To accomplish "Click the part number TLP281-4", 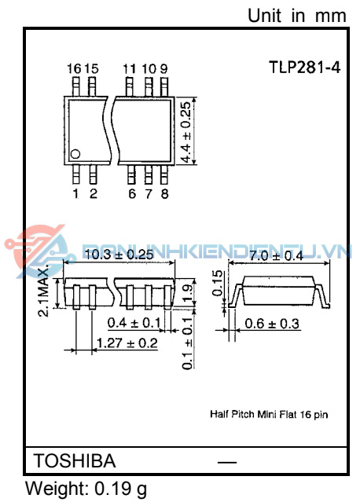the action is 305,68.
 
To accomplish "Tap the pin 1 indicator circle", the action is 75,154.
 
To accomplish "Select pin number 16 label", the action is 74,68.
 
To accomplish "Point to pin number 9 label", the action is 163,68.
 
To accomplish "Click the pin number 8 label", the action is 164,194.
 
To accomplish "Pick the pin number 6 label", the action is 131,194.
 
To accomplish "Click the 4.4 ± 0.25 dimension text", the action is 186,131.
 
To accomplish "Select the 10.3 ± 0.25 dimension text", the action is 118,255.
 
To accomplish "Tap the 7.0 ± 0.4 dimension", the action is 276,256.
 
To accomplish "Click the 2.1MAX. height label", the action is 44,291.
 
